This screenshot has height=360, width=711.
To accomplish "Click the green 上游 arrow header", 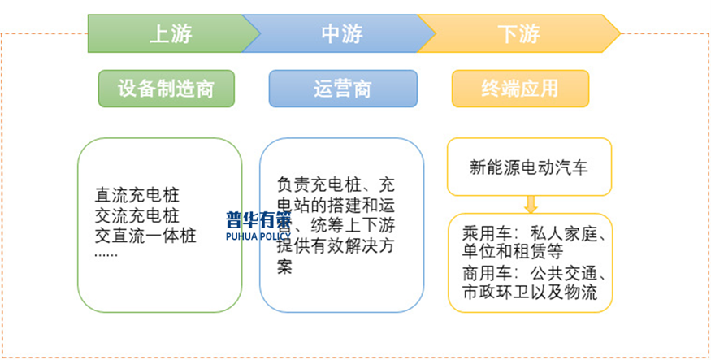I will pyautogui.click(x=171, y=33).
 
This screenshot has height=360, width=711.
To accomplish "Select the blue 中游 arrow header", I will pyautogui.click(x=341, y=33).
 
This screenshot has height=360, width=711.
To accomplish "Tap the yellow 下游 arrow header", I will pyautogui.click(x=518, y=33).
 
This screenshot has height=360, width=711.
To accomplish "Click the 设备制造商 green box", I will pyautogui.click(x=166, y=89).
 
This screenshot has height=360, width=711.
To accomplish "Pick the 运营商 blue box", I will pyautogui.click(x=342, y=89).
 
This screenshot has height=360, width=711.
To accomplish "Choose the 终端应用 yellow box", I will pyautogui.click(x=520, y=89).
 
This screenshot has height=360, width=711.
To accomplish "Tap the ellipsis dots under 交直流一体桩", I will pyautogui.click(x=106, y=254).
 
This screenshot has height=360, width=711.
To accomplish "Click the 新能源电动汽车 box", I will pyautogui.click(x=529, y=167).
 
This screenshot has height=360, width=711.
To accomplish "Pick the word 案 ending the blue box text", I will pyautogui.click(x=284, y=267).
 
